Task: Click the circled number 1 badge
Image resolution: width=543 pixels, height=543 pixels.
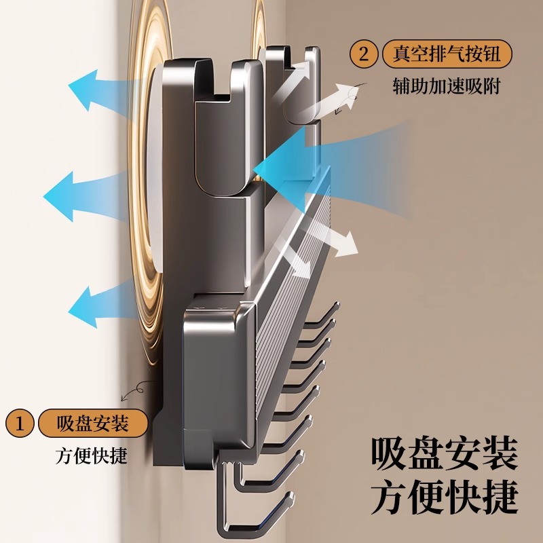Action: point(20,424)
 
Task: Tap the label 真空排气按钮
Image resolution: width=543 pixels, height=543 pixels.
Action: point(447,54)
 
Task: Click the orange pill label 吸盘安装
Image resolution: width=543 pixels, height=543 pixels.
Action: point(93,424)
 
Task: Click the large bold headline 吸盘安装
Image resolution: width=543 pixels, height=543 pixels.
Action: point(444,453)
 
